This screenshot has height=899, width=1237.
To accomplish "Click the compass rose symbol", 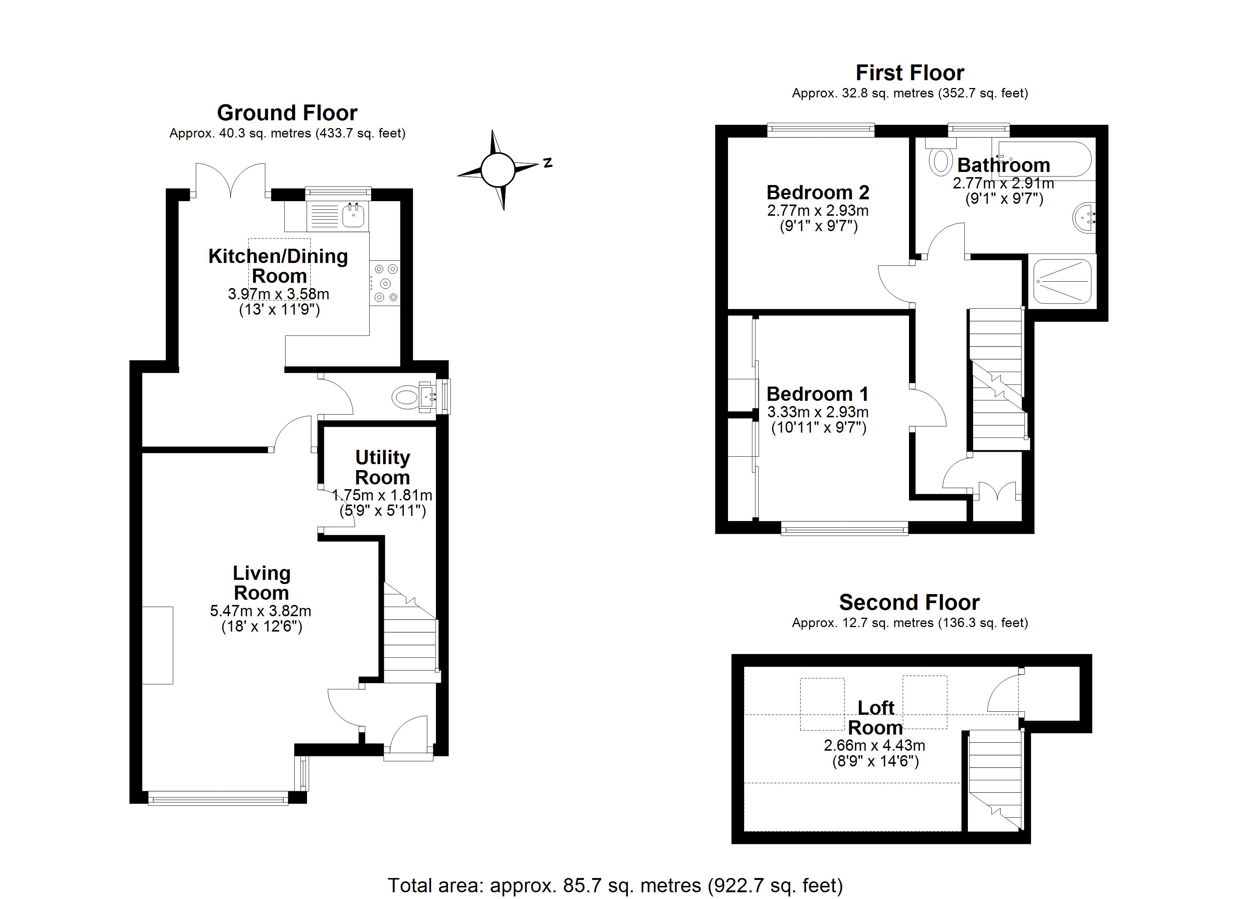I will click(x=497, y=170).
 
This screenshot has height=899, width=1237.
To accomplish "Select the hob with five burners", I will click(x=385, y=283).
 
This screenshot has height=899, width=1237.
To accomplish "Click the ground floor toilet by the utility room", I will click(x=405, y=397).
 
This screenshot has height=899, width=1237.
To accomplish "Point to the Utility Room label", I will click(x=382, y=467).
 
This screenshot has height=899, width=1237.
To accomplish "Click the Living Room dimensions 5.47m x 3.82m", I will click(x=261, y=611).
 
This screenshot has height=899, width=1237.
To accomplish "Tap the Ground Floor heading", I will click(x=287, y=113).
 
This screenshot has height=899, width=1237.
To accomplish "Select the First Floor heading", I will click(x=910, y=73).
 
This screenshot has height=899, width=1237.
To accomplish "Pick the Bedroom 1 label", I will click(x=818, y=394).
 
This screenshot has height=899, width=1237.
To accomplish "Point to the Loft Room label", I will click(x=875, y=717).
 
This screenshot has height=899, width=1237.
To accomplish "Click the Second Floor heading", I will click(x=909, y=602).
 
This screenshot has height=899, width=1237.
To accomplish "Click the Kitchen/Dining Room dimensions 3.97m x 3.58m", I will click(x=278, y=294).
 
